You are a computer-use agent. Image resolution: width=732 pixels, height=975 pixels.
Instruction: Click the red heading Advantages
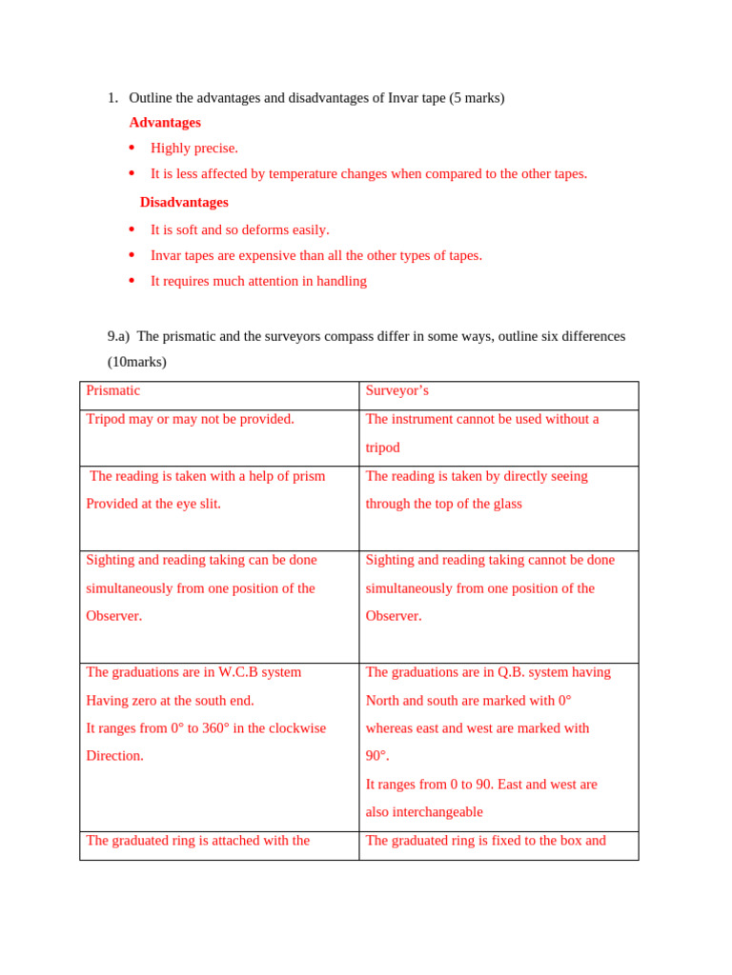(165, 123)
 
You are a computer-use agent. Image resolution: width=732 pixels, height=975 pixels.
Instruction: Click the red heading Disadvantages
(184, 203)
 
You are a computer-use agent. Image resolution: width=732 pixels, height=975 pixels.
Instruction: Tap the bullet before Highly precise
(132, 148)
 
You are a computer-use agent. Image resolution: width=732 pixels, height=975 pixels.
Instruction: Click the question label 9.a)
(118, 336)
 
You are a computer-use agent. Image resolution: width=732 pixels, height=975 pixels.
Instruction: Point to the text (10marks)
(136, 362)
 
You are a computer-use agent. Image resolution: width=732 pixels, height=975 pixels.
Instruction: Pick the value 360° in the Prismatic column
(215, 728)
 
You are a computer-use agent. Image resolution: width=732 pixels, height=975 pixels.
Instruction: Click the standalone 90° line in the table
(377, 756)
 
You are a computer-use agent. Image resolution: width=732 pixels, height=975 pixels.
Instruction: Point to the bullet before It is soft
(132, 229)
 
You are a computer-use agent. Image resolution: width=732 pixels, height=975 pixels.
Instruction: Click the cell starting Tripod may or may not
(190, 419)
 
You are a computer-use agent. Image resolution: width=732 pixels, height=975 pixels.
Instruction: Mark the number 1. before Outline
(112, 98)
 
